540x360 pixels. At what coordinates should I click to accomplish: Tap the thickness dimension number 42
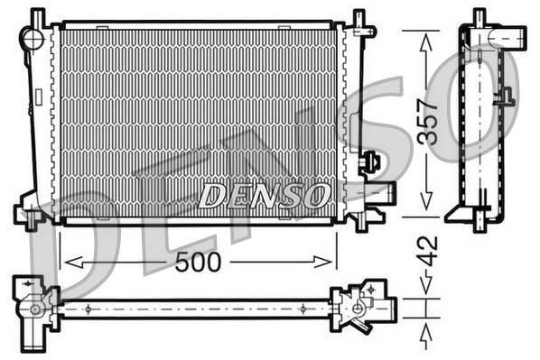coord(431,251)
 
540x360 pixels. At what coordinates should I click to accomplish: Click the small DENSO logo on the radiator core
coord(265,193)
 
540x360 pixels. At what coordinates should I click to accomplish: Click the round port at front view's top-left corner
coord(33,38)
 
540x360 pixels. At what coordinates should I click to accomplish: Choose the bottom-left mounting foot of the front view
coord(29,217)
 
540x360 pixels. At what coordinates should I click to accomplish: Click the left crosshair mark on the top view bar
coord(88,309)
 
